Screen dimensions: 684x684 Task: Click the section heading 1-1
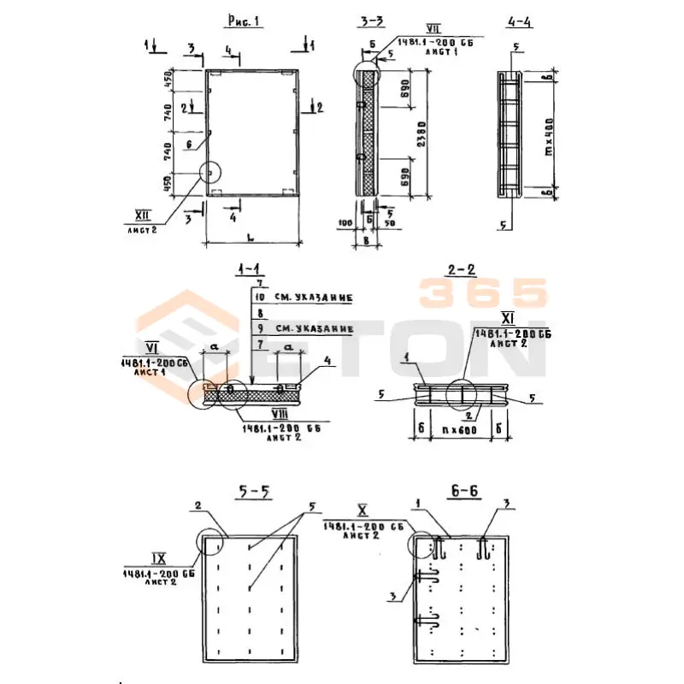[x=250, y=272]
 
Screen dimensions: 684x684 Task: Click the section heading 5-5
[x=254, y=492]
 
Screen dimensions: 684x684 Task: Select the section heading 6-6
[x=463, y=493]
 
